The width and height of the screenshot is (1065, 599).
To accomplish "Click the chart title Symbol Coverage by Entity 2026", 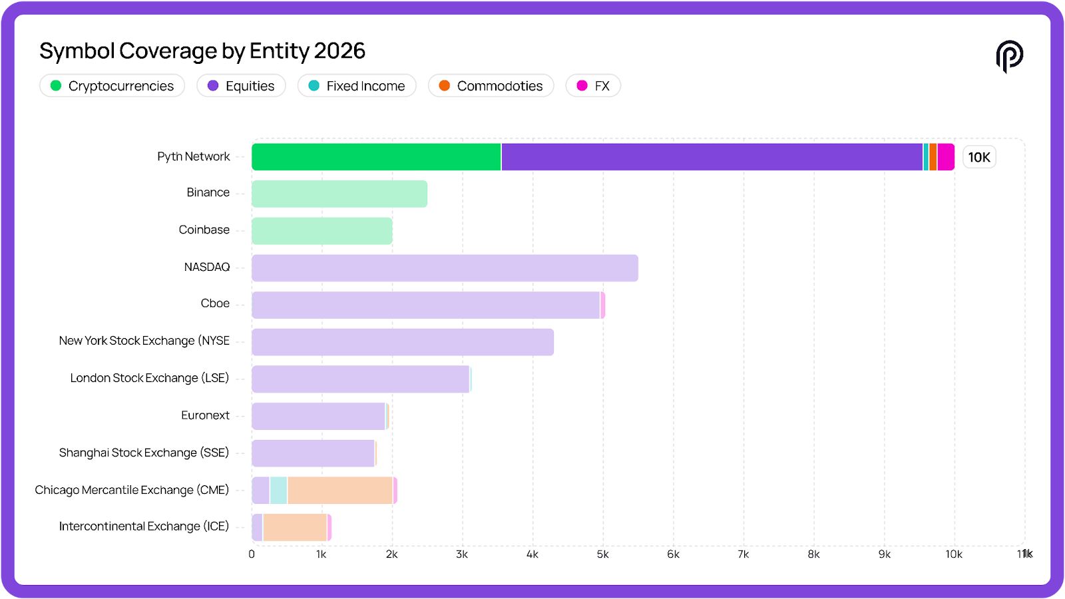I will click(x=202, y=51).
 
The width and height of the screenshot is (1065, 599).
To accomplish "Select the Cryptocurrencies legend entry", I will click(x=112, y=86).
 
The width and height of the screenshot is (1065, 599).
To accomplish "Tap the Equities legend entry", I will click(x=241, y=86).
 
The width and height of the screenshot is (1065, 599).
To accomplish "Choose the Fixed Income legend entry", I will click(x=357, y=86).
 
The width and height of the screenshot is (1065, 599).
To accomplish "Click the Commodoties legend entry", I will click(x=491, y=86).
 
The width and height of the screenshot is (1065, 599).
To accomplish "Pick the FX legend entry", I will click(x=593, y=86).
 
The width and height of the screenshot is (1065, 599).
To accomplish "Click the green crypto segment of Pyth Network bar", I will click(x=376, y=157).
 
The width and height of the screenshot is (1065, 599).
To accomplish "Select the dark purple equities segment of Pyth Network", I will click(x=712, y=157).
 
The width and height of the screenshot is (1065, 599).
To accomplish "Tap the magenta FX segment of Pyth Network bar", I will click(x=946, y=157).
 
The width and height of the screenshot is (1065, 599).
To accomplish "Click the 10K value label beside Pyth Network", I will click(x=979, y=157).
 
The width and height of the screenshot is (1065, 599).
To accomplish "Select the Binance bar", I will click(x=339, y=194).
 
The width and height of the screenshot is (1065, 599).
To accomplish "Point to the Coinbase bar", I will click(x=322, y=231).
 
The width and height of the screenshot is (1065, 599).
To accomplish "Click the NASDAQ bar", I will click(x=445, y=268).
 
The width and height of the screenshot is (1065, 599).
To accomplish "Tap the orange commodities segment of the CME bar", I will click(x=339, y=491).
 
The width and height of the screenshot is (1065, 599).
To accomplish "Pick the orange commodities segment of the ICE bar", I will click(x=295, y=527).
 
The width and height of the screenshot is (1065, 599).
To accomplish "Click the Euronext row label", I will click(x=205, y=415).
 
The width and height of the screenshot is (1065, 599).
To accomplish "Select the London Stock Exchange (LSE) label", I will click(x=150, y=378).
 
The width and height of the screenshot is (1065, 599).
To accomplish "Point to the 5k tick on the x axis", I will click(x=602, y=554).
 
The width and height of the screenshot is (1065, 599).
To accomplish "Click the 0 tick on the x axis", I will click(x=252, y=554).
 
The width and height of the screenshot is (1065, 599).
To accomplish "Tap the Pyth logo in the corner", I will click(x=1009, y=56).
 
